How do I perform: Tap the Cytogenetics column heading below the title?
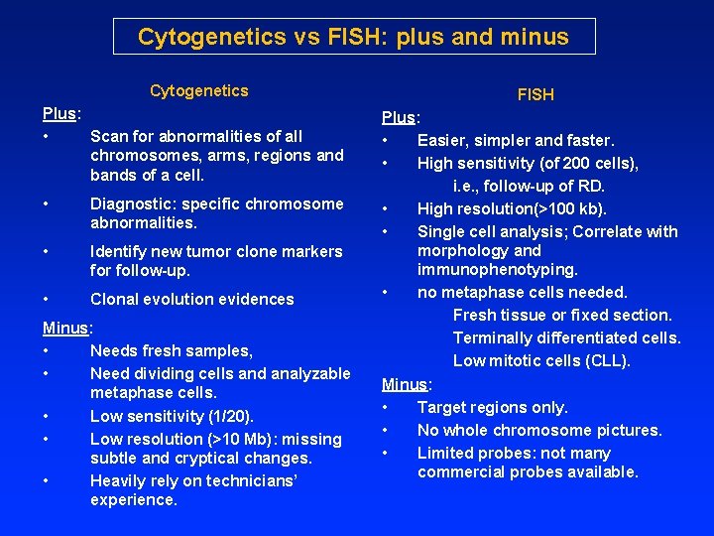pos(199,91)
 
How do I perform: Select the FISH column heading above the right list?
pos(535,95)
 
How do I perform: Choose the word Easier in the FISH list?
pos(441,141)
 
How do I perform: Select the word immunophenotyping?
pos(498,270)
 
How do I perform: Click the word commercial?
pos(462,472)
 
